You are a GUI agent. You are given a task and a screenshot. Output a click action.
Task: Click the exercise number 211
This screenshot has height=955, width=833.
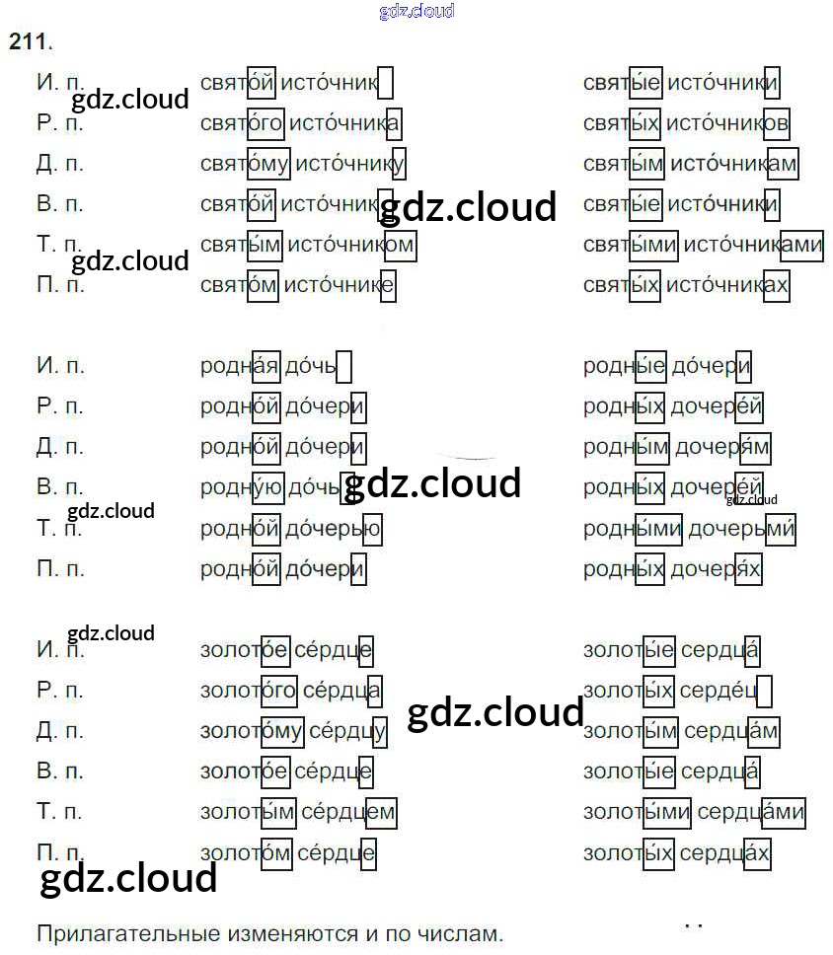point(29,41)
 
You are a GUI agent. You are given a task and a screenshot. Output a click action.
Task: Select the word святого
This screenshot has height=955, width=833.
point(241,123)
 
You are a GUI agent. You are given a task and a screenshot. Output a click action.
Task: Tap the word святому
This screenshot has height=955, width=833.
point(245,163)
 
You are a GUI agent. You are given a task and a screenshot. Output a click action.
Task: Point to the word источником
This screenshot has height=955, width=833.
point(351,245)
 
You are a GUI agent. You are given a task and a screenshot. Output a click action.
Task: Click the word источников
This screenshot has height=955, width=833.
point(727,123)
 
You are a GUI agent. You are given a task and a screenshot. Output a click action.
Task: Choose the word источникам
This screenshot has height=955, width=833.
point(733,163)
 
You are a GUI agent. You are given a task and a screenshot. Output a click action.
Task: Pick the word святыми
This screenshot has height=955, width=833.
point(630,245)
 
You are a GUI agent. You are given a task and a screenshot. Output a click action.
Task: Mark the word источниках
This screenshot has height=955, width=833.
point(727,285)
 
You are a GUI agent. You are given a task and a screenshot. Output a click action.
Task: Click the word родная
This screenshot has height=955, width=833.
point(240,365)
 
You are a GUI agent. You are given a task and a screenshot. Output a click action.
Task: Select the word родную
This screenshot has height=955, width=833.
point(242,487)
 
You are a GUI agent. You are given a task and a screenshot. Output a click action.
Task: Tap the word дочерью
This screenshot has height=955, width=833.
point(334,528)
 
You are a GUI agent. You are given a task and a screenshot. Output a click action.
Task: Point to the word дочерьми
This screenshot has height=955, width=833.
point(741,528)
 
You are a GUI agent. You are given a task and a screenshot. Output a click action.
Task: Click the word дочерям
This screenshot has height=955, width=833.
point(722,447)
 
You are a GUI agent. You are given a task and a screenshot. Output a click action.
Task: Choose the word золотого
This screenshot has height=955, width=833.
point(248,691)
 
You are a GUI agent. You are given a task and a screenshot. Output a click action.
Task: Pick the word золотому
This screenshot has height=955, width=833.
point(251,731)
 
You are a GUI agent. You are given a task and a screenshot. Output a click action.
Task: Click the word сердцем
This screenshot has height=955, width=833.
point(348,813)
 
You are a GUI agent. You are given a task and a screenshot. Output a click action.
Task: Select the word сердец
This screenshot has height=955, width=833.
point(719,691)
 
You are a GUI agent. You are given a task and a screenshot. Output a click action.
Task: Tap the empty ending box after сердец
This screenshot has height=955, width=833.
point(764,691)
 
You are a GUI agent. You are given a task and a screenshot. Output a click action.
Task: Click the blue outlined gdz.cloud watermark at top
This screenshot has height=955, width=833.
point(416,11)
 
